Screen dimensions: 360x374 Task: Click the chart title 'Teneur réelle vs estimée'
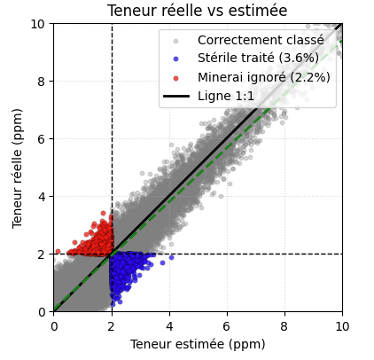click(197, 11)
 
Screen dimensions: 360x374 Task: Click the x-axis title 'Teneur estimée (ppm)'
click(197, 344)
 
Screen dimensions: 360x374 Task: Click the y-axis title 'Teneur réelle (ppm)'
click(18, 168)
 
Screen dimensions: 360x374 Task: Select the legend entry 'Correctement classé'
click(261, 40)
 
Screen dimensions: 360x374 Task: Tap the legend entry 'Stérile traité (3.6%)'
click(258, 59)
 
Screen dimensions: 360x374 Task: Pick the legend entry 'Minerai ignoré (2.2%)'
click(263, 77)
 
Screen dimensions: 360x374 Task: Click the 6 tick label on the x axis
click(226, 325)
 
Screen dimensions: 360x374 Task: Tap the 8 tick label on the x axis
click(284, 325)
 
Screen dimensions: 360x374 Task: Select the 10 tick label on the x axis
click(341, 325)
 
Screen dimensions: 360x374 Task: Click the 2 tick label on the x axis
click(111, 325)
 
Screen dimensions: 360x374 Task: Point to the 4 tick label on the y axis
click(43, 196)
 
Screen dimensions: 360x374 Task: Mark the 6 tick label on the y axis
click(43, 138)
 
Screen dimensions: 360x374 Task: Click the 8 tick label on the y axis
click(43, 81)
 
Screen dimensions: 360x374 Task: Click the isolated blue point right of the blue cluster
click(171, 257)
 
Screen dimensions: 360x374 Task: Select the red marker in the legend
click(175, 77)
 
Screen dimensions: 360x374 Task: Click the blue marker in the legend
click(175, 59)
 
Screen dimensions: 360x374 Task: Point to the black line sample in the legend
click(175, 96)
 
